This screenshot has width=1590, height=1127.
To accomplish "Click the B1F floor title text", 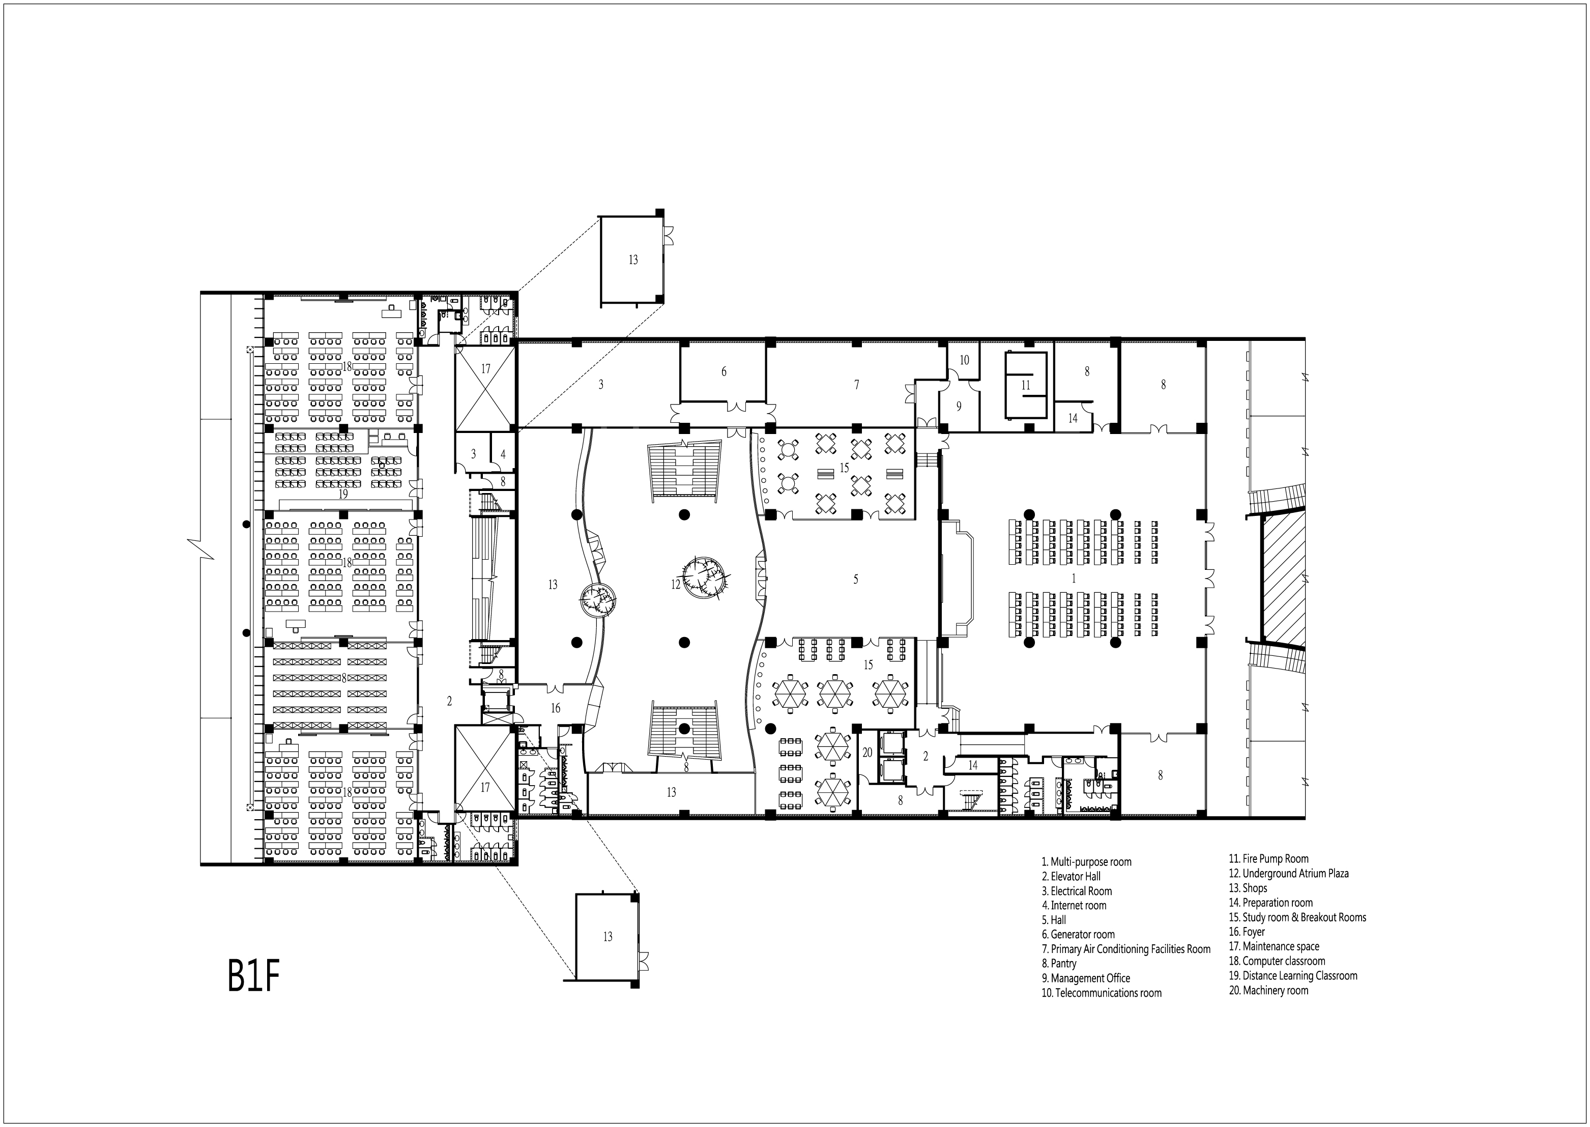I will pyautogui.click(x=253, y=976).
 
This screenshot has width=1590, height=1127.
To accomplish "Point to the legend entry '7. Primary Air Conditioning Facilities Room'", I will pyautogui.click(x=1130, y=948).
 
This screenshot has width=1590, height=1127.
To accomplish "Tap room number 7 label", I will pyautogui.click(x=856, y=385).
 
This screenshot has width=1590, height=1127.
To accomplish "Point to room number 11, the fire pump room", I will pyautogui.click(x=1025, y=385).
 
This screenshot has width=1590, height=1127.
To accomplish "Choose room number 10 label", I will pyautogui.click(x=964, y=360).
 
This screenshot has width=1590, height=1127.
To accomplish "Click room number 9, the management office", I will pyautogui.click(x=959, y=407).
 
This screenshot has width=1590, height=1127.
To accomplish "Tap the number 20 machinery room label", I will pyautogui.click(x=867, y=752).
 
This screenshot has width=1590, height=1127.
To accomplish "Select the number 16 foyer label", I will pyautogui.click(x=555, y=708).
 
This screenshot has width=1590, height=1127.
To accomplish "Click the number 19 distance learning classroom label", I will pyautogui.click(x=343, y=494).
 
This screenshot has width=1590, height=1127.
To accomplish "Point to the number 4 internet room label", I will pyautogui.click(x=503, y=454).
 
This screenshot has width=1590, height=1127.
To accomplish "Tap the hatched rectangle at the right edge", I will pyautogui.click(x=1283, y=577).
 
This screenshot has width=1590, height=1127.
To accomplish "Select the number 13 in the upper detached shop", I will pyautogui.click(x=632, y=259).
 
